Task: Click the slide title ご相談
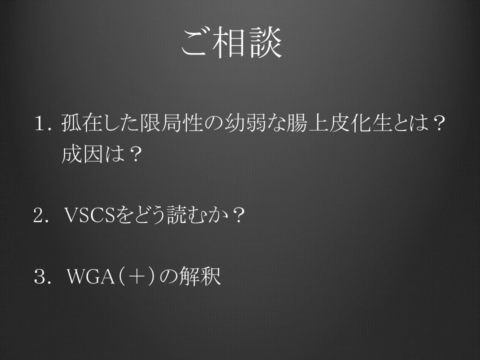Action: (231, 42)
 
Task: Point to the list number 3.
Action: (41, 276)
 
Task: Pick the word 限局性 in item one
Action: (171, 123)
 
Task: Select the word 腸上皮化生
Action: (339, 123)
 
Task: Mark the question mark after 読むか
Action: (238, 215)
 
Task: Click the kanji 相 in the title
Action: (231, 42)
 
